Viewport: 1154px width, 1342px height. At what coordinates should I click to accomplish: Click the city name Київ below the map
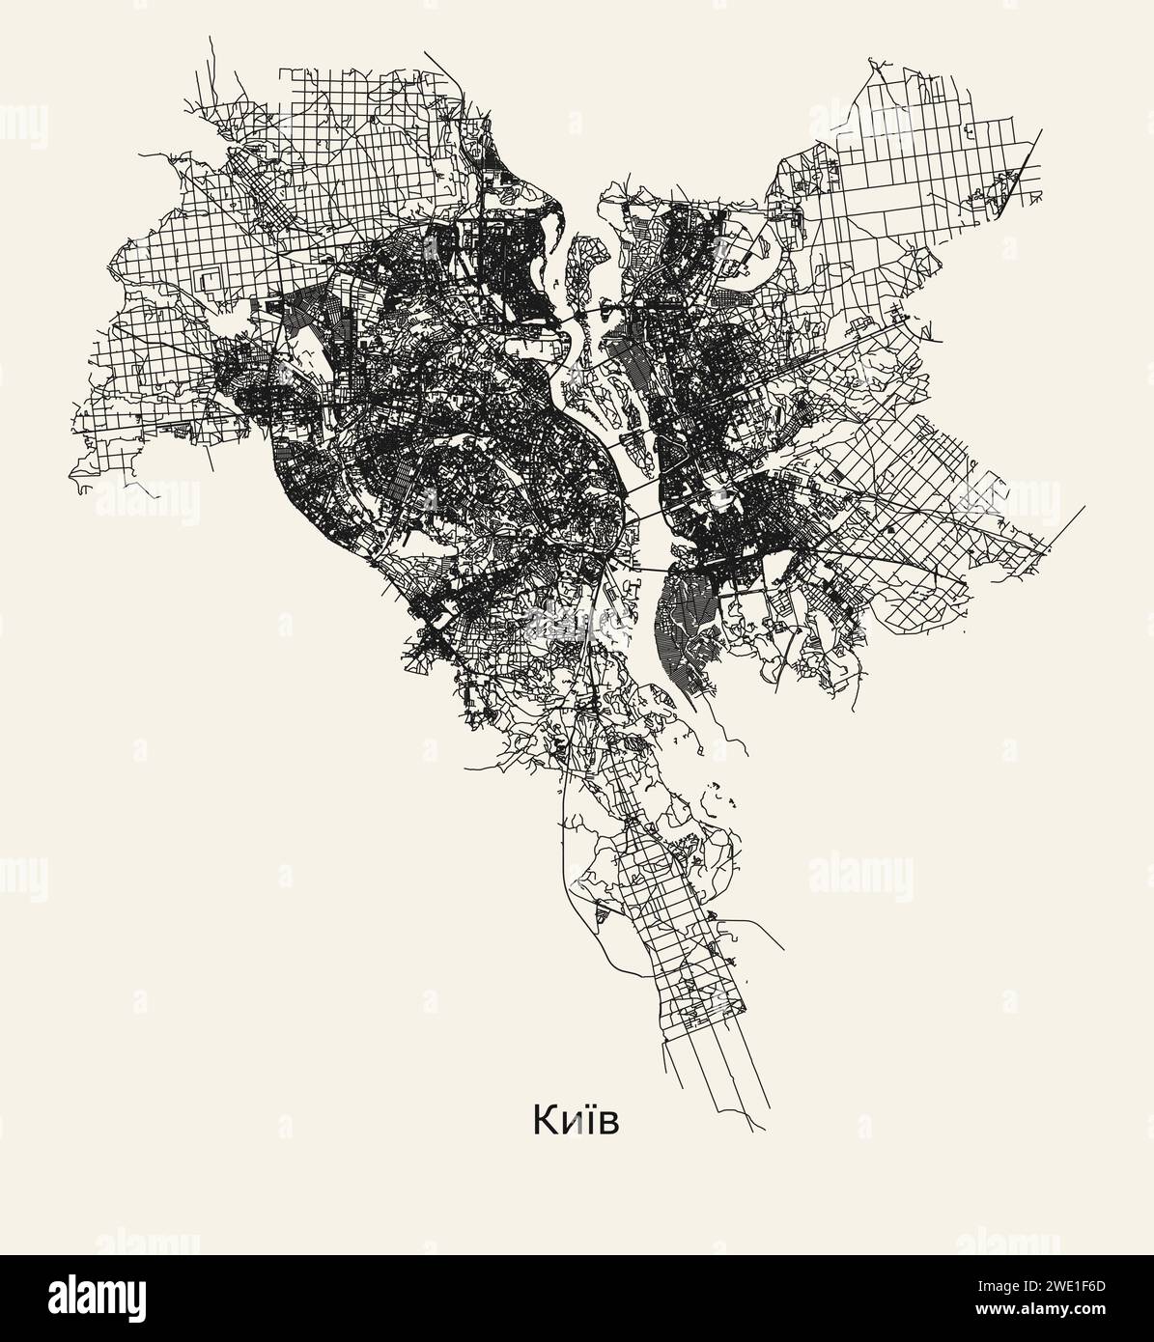[576, 1121]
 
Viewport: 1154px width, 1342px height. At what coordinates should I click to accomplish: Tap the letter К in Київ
[543, 1121]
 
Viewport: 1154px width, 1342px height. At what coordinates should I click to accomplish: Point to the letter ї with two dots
[584, 1120]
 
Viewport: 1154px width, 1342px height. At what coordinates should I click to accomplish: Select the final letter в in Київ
[607, 1124]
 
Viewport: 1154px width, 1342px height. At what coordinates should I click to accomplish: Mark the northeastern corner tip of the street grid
[1042, 128]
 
